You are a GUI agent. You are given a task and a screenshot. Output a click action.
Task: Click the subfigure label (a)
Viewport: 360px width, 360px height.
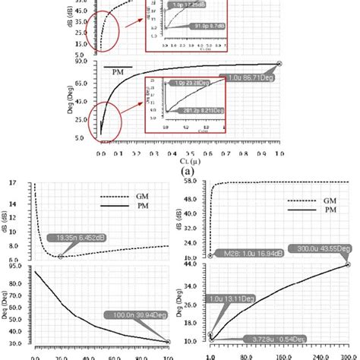click(179, 172)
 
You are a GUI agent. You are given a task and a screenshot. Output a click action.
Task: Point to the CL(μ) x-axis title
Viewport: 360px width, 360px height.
click(178, 160)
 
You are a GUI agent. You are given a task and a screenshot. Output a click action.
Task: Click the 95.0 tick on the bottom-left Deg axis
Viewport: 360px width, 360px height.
click(14, 266)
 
